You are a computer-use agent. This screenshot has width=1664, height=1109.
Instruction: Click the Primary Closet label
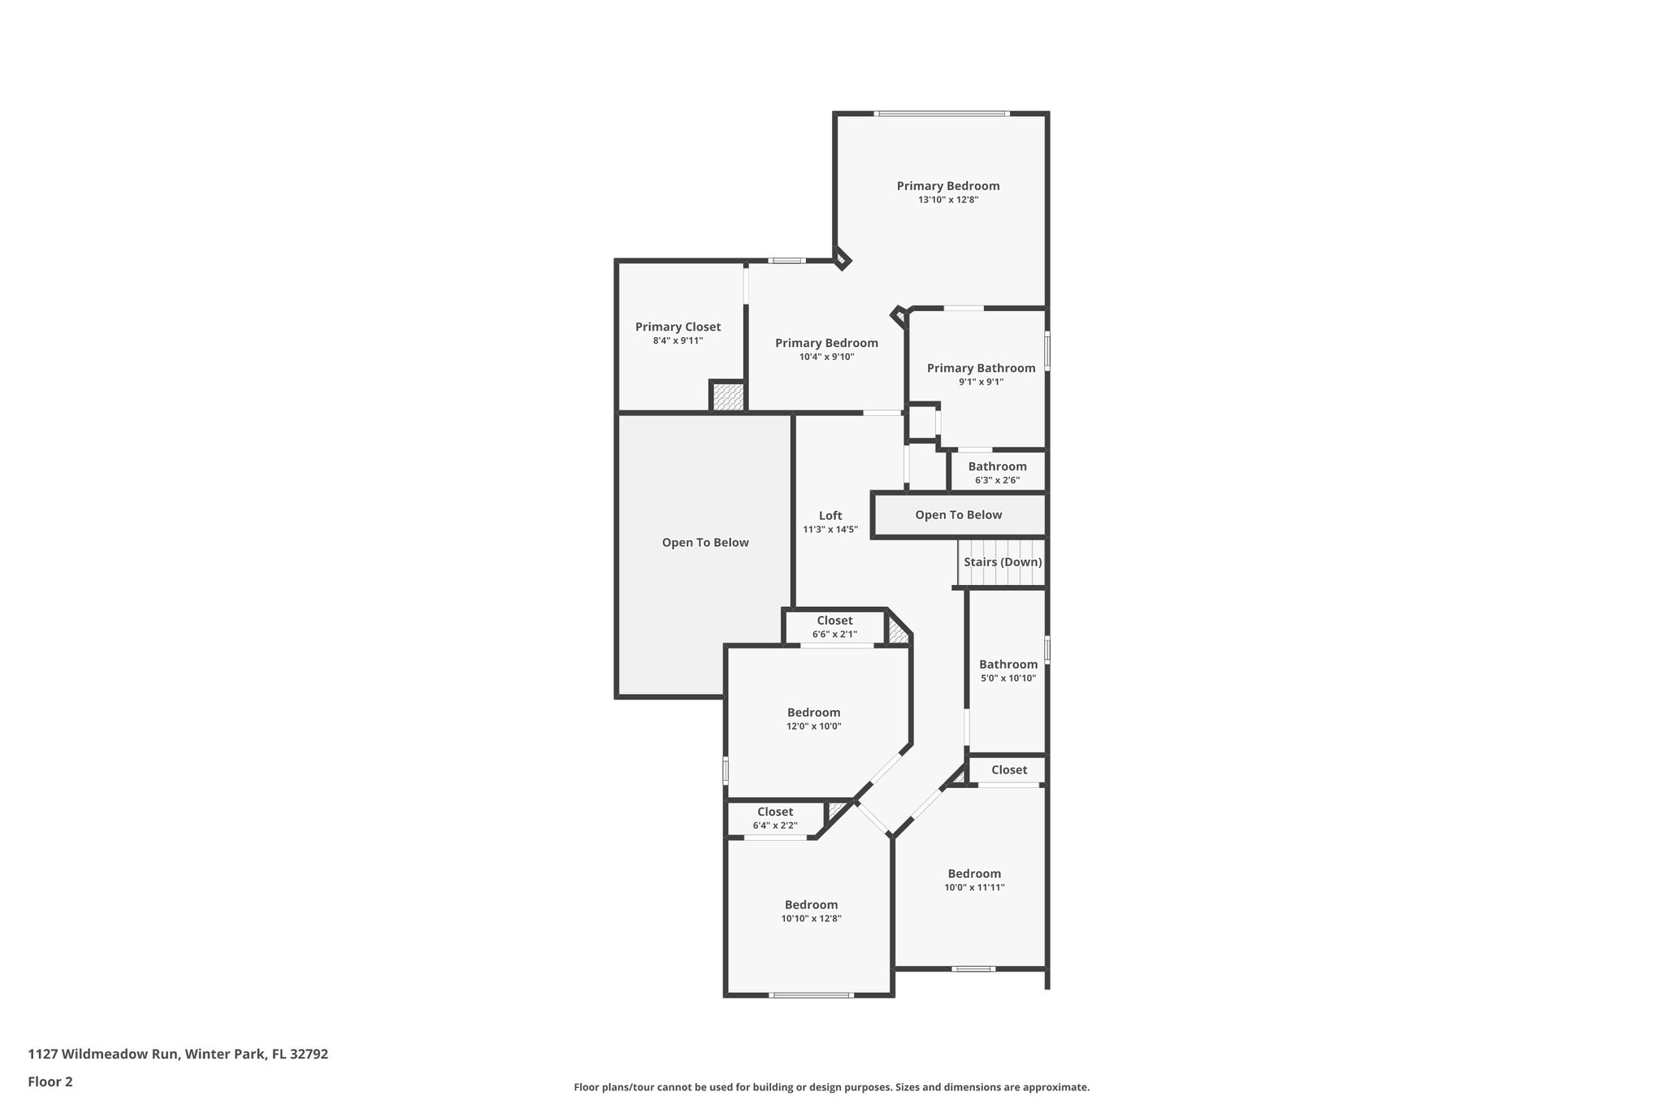(678, 327)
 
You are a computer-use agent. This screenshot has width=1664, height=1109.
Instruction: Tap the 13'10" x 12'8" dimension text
(948, 199)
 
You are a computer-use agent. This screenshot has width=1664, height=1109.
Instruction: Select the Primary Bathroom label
(981, 368)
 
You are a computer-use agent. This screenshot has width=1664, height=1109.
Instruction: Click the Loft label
(830, 515)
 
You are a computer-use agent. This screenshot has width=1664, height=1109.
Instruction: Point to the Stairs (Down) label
(1003, 561)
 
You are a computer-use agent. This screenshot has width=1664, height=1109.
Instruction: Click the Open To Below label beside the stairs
(958, 514)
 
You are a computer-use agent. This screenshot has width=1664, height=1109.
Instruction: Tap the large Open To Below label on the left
(705, 542)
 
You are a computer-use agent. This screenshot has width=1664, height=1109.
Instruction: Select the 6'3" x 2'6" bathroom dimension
(997, 480)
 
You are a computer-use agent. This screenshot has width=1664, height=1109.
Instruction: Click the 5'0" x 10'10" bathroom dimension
(1007, 678)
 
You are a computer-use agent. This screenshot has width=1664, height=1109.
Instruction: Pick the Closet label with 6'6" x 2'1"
(834, 621)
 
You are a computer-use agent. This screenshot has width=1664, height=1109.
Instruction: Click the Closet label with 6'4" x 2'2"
(775, 812)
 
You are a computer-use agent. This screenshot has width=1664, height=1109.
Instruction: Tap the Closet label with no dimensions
(1008, 769)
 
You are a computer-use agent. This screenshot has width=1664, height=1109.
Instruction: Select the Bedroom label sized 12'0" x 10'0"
(813, 713)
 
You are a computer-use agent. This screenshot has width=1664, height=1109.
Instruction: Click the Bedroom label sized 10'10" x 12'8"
(811, 904)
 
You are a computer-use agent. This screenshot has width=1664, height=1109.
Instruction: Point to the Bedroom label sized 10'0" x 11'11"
(974, 873)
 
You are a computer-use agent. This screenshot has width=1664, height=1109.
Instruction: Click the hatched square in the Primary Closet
(728, 397)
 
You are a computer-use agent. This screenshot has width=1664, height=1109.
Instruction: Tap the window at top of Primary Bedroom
(942, 114)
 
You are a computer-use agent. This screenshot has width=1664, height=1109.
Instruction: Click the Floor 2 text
(50, 1081)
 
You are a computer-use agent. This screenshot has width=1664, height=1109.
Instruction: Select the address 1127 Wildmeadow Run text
(178, 1054)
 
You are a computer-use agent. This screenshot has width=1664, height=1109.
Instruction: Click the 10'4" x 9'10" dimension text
(826, 357)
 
